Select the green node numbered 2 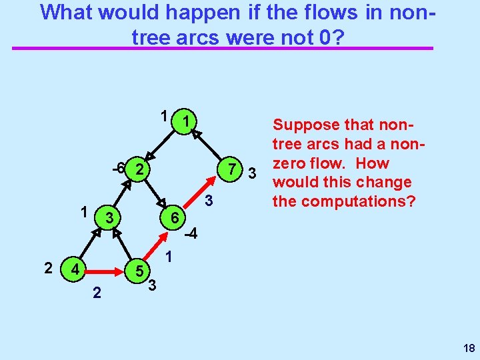pos(139,169)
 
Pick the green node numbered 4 pos(76,271)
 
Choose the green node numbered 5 pos(138,271)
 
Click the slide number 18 pos(468,348)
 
